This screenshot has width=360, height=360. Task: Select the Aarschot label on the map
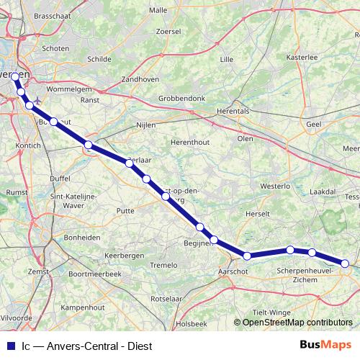232,271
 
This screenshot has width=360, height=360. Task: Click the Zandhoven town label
140,78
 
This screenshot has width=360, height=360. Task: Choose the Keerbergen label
125,255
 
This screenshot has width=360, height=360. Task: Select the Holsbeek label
192,324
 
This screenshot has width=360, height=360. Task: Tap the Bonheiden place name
81,236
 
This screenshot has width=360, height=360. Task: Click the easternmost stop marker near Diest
346,264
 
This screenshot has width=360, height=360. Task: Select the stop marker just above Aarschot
247,256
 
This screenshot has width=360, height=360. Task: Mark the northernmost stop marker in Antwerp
15,76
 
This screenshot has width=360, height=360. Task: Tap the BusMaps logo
325,345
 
